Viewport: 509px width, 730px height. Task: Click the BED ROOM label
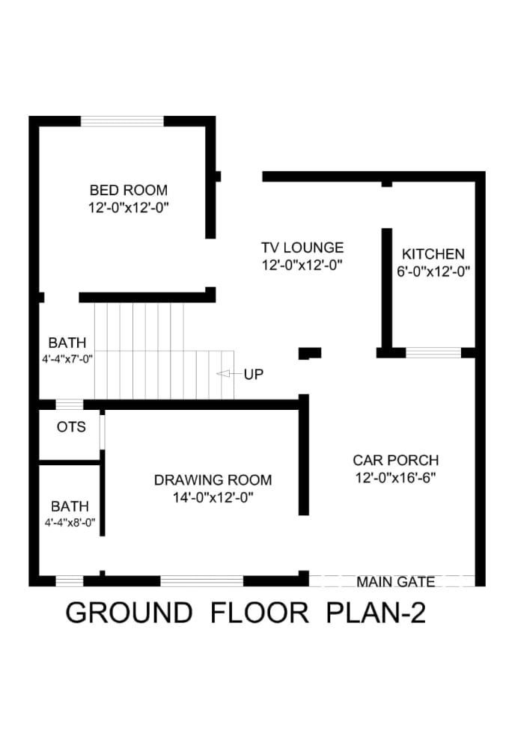129,190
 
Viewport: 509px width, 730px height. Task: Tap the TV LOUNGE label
302,248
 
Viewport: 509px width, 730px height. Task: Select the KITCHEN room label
433,254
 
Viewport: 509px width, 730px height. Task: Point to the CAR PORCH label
396,460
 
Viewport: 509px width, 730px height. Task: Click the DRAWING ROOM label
213,480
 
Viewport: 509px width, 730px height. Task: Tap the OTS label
71,428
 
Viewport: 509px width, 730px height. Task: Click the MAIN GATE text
396,581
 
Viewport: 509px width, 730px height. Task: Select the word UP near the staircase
253,373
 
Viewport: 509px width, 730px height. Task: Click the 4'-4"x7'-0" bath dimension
67,358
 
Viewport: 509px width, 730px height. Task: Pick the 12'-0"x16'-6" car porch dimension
396,477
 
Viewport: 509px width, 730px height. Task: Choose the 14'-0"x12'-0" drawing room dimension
213,497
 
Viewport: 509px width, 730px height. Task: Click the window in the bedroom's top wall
122,121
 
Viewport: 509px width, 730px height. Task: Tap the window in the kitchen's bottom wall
433,352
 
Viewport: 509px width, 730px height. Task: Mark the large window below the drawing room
202,580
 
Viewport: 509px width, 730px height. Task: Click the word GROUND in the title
129,613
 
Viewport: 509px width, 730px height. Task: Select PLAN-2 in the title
377,613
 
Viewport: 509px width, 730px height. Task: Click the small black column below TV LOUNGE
310,352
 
